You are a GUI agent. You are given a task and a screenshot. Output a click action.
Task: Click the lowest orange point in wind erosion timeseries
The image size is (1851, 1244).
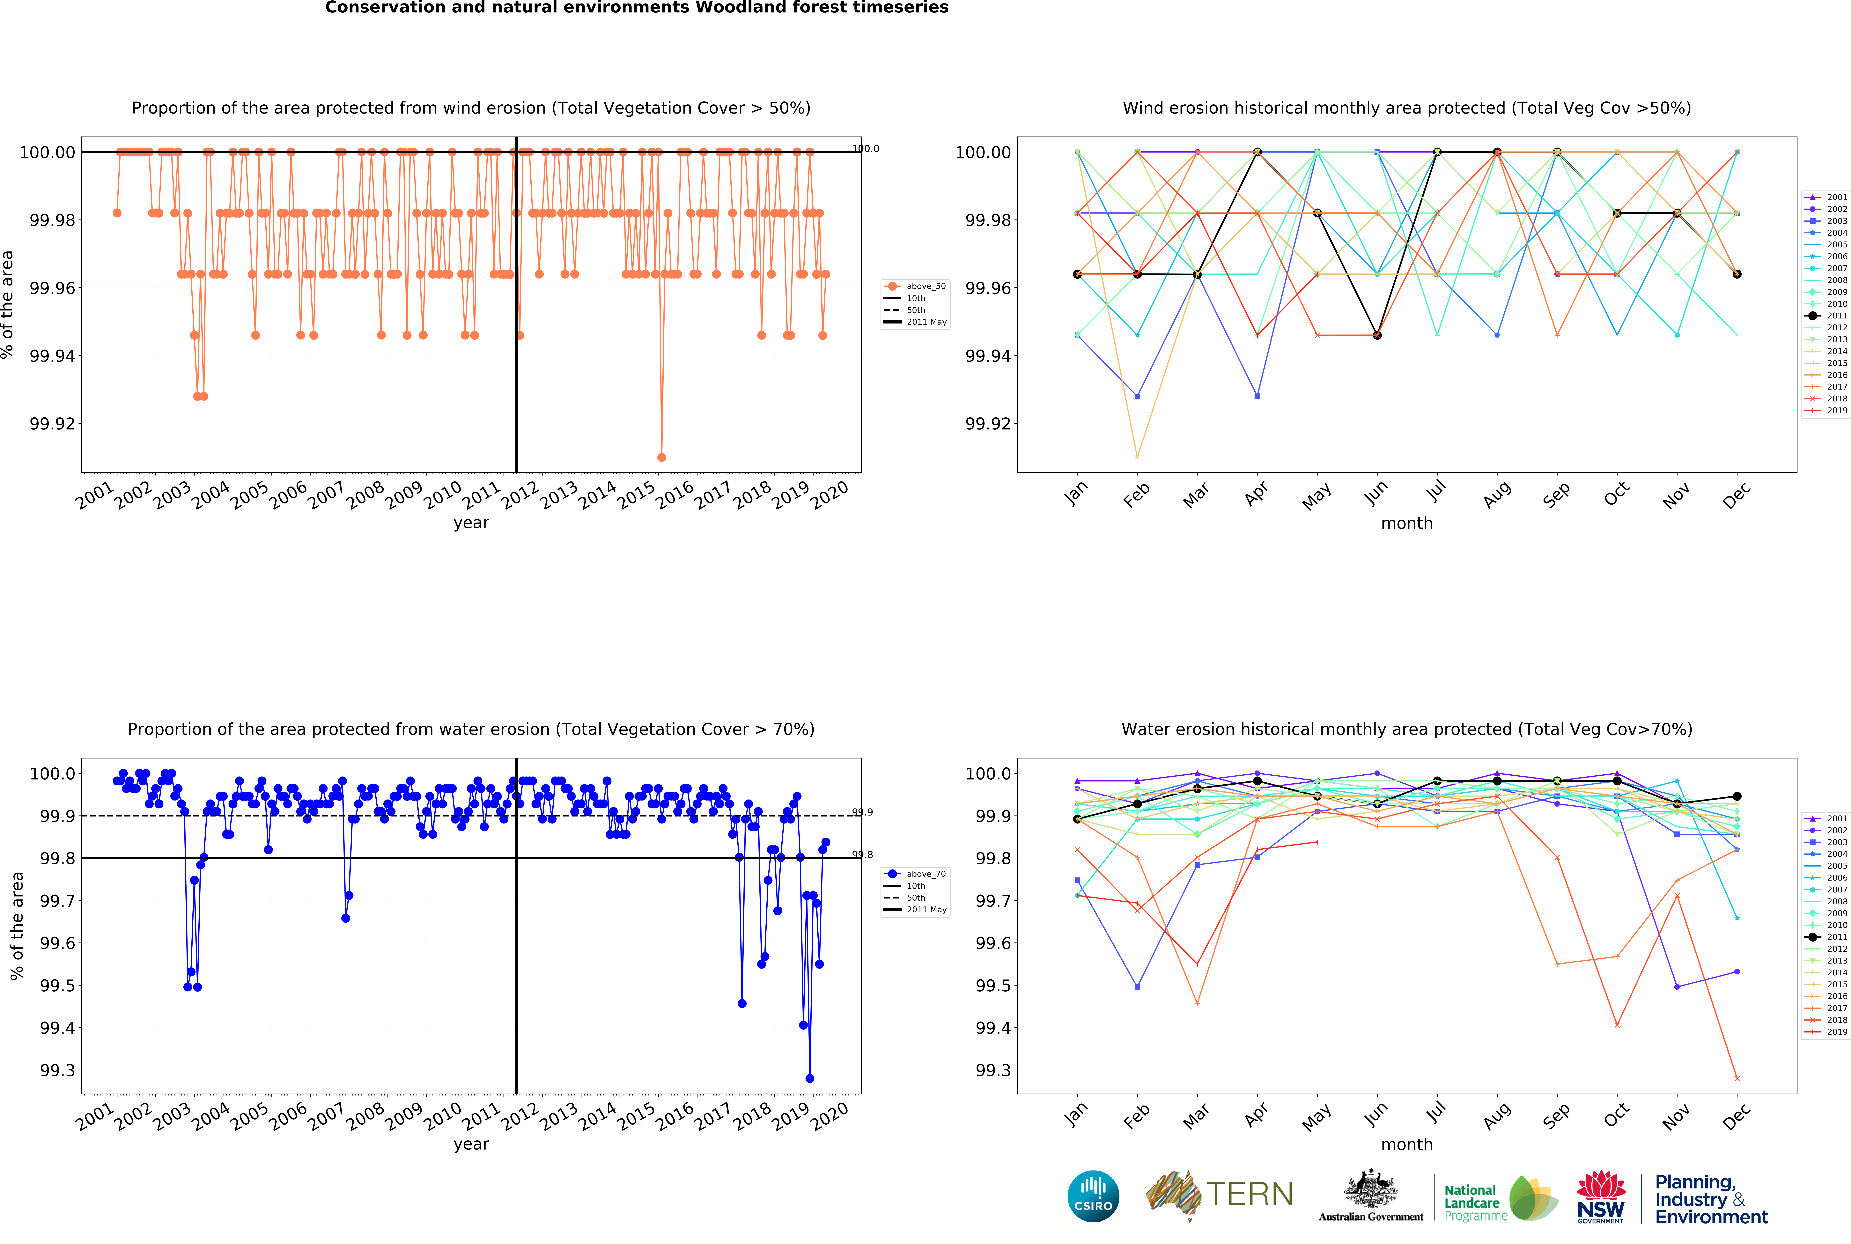[661, 457]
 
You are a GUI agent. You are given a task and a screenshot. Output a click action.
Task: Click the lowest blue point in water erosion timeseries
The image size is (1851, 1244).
[810, 1078]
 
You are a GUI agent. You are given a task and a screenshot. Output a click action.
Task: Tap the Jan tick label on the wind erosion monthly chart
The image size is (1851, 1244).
[1075, 494]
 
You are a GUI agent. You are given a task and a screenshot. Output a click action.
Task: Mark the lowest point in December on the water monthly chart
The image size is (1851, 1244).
[1737, 1078]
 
